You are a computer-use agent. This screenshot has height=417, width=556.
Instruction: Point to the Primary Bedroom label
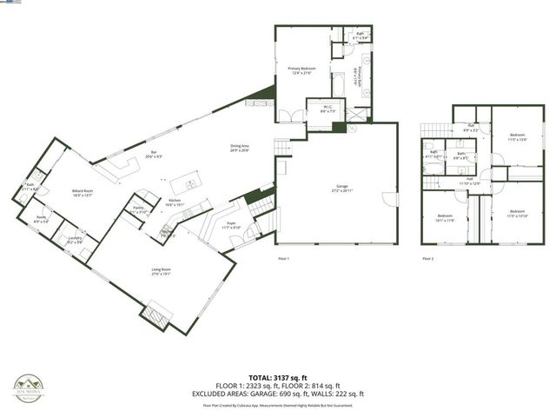click(x=302, y=69)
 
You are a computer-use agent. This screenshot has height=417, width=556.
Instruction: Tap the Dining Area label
click(x=240, y=148)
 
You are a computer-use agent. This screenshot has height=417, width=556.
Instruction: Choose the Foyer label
click(x=231, y=224)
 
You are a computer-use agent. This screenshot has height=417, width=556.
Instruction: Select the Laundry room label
click(x=76, y=240)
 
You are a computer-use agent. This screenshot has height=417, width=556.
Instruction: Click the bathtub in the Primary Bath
click(x=338, y=87)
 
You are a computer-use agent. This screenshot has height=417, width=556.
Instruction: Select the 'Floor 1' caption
click(x=283, y=258)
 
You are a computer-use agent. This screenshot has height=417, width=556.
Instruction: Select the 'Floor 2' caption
click(x=427, y=258)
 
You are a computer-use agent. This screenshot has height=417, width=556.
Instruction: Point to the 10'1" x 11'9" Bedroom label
click(x=445, y=216)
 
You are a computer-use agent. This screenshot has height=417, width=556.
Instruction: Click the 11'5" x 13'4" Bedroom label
click(x=517, y=137)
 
